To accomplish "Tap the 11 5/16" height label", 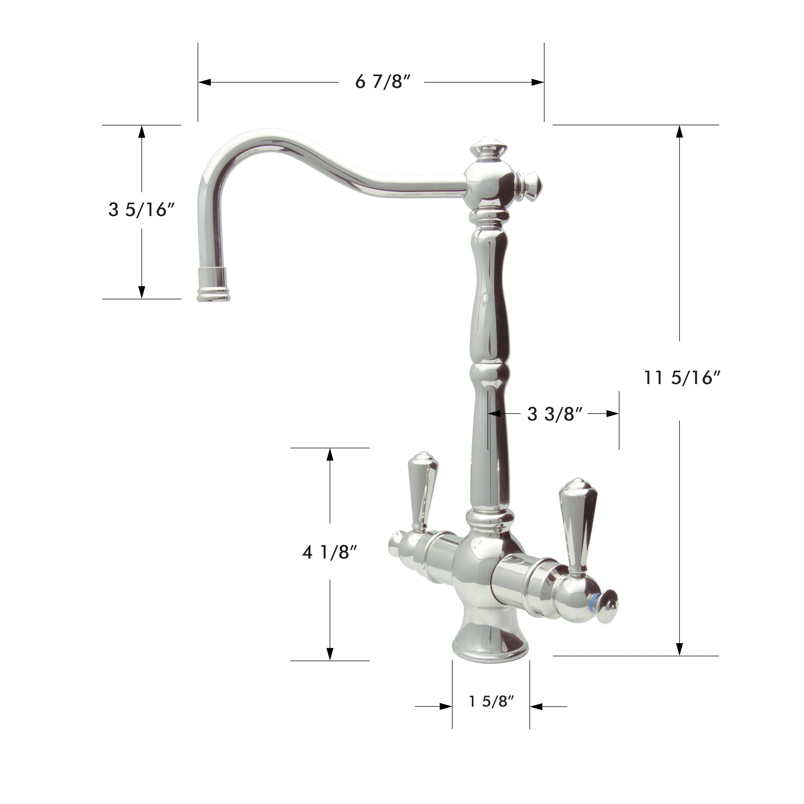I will [682, 378].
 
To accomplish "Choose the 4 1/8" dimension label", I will [330, 553].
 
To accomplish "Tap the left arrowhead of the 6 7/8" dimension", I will [204, 82].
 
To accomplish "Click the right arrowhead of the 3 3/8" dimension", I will [613, 414].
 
